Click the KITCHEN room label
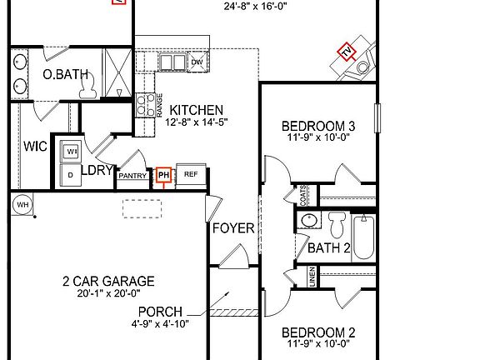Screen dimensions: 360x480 (x=197, y=110)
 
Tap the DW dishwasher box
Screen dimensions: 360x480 (x=197, y=62)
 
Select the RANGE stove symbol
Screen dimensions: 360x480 (x=158, y=104)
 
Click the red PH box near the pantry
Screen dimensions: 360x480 (x=163, y=175)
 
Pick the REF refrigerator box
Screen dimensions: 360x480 (x=190, y=175)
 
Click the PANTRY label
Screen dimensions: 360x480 (x=132, y=176)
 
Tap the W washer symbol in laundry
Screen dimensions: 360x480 (x=71, y=151)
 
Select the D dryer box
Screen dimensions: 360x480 (x=70, y=175)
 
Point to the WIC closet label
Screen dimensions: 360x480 (x=35, y=147)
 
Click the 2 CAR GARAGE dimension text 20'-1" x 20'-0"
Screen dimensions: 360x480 (x=108, y=293)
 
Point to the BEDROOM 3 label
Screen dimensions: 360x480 (x=320, y=127)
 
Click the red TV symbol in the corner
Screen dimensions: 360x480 (x=346, y=52)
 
